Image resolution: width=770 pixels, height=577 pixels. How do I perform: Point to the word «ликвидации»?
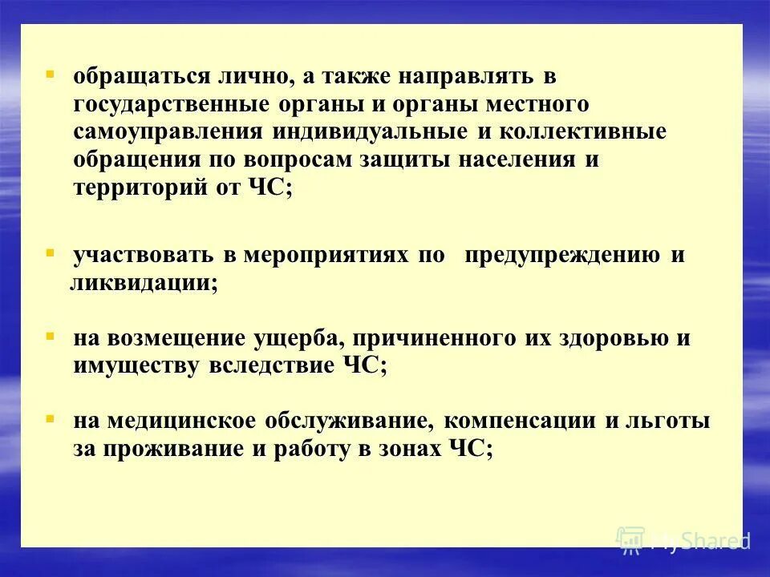click(x=141, y=284)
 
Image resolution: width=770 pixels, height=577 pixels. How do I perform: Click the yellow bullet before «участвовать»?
click(x=50, y=252)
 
